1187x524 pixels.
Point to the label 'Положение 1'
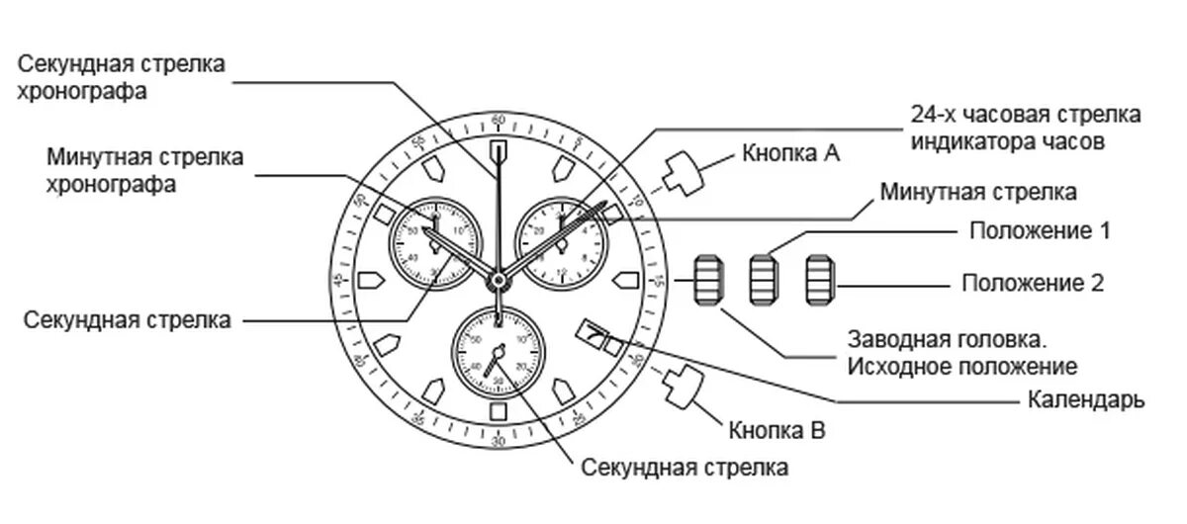1040,231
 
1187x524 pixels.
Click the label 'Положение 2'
1033,283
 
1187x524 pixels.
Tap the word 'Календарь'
1086,400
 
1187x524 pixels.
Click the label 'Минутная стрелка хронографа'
145,171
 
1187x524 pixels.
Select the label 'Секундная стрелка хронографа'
122,77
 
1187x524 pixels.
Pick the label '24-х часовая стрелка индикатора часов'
1026,128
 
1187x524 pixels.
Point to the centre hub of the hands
498,281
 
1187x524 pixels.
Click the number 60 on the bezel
498,120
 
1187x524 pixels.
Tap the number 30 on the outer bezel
498,442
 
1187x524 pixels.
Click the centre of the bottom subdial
498,352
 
